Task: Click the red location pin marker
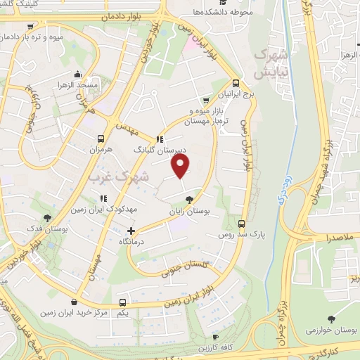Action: (x=181, y=165)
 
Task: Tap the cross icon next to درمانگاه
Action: (x=131, y=230)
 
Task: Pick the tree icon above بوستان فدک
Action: (x=47, y=219)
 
